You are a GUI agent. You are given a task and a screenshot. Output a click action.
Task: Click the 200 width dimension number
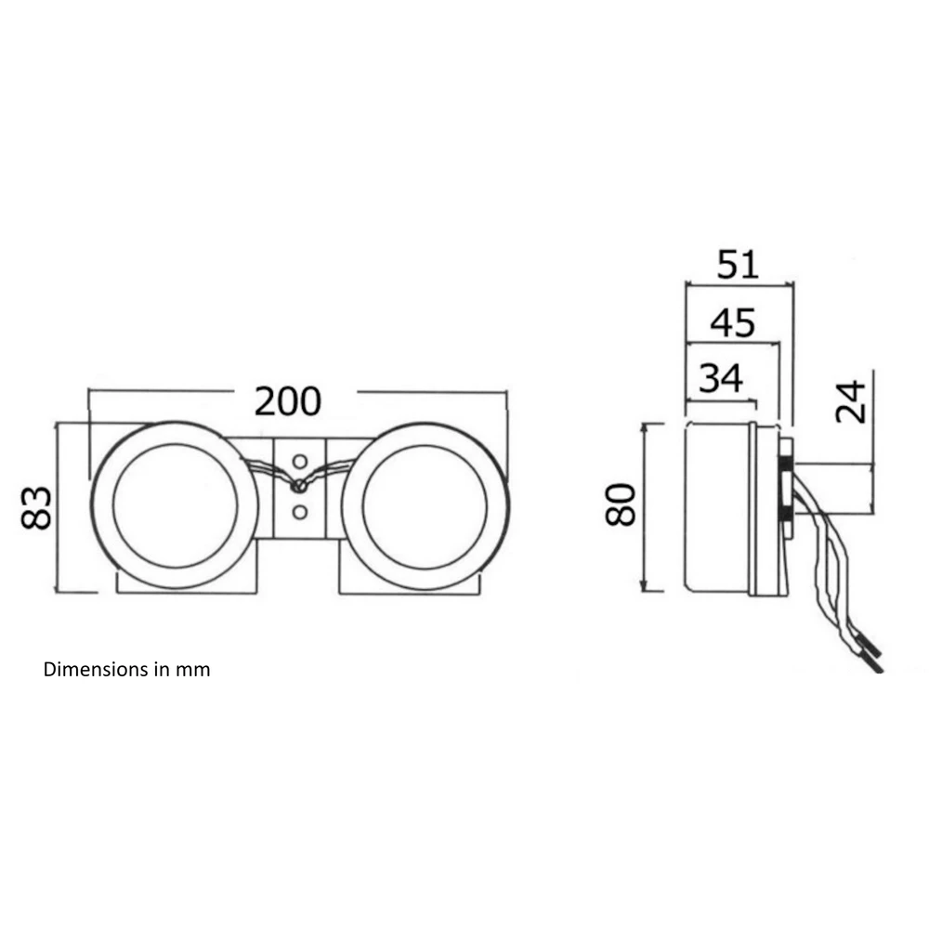click(288, 401)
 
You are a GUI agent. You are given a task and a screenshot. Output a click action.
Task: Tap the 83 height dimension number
click(36, 507)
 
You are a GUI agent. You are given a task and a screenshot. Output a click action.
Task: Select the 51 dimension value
click(738, 264)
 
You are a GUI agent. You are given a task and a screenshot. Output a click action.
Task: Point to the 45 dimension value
click(733, 322)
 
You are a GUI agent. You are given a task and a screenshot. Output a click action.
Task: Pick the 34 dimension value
click(721, 378)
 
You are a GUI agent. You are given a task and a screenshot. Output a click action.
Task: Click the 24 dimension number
click(851, 401)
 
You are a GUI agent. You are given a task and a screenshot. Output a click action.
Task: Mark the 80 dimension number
click(621, 504)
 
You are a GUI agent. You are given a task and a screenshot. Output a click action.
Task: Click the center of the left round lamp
click(175, 505)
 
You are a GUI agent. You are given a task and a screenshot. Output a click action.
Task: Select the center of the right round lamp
click(425, 505)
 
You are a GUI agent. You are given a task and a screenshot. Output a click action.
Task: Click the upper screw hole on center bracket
click(300, 461)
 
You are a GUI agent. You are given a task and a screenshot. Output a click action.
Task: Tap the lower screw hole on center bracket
click(300, 512)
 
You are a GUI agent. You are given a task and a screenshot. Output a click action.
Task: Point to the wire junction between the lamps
click(299, 487)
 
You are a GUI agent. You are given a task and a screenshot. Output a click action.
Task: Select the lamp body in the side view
click(717, 507)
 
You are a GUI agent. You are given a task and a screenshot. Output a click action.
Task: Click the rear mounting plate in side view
click(786, 488)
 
